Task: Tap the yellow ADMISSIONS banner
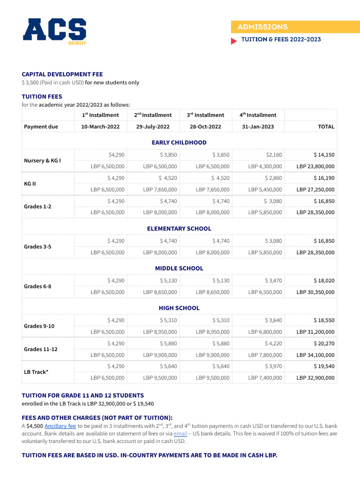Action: pos(295,27)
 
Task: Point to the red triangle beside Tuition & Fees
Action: pos(234,41)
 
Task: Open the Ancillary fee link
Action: pos(60,426)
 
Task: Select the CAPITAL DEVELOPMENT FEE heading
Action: pos(62,74)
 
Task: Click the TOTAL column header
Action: pos(326,127)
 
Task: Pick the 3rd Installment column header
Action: pos(205,115)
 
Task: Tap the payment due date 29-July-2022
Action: pos(153,127)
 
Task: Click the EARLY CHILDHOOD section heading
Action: pos(179,142)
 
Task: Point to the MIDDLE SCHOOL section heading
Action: pos(179,269)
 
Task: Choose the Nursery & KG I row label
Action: pos(42,160)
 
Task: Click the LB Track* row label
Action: pos(37,372)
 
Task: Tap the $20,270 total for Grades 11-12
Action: pos(324,344)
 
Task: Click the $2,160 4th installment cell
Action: pos(273,155)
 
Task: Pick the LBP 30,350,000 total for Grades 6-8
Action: pos(315,292)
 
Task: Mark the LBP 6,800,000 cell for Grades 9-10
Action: pos(265,332)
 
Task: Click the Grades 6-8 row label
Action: pos(37,286)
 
